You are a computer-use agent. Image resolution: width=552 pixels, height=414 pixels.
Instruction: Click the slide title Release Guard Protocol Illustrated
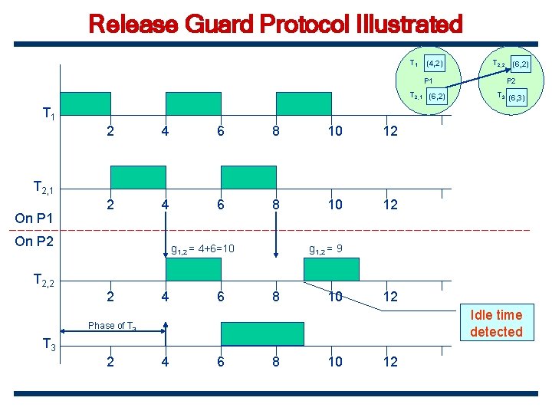(276, 25)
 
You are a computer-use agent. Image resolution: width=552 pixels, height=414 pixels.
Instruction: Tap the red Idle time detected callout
(496, 323)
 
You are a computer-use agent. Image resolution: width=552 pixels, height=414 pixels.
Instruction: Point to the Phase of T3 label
(112, 326)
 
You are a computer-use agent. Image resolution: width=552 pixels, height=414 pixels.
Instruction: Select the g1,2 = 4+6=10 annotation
(202, 248)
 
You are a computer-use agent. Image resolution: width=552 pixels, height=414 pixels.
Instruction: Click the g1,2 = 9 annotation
(326, 248)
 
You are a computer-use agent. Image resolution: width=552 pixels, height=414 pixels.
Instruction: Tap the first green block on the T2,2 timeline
(195, 269)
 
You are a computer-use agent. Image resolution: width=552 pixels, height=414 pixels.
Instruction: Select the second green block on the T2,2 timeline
(331, 269)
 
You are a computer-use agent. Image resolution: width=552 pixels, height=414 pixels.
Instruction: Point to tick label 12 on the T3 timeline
(390, 361)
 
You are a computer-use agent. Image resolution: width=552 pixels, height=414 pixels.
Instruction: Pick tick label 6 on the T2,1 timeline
(221, 205)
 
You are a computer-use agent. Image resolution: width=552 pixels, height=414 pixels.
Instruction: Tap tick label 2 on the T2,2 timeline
(110, 297)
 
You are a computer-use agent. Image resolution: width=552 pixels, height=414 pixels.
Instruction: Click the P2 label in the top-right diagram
(511, 80)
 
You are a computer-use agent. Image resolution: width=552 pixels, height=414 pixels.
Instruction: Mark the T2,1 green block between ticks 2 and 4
(138, 177)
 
